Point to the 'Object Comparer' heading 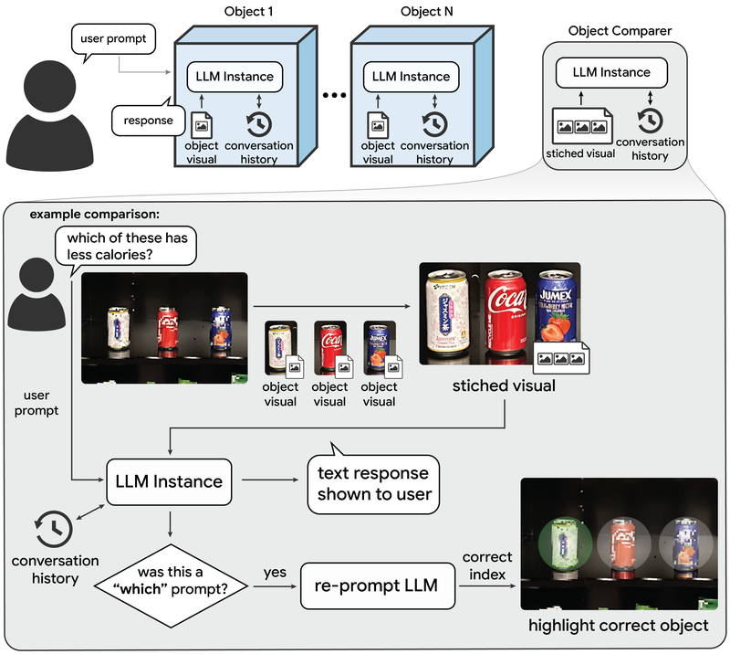(620, 30)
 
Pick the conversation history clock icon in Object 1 (257, 124)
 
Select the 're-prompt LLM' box (377, 585)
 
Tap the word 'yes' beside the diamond (274, 573)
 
